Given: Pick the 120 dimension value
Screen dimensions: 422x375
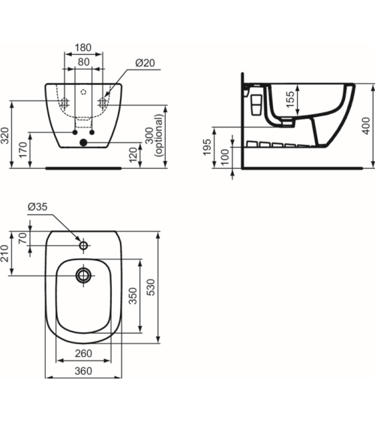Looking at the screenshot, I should point(133,154).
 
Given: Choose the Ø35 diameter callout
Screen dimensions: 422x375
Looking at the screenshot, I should point(38,207).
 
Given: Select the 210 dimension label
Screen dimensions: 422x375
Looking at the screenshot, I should point(7,254).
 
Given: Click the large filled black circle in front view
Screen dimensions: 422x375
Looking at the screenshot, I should point(84,142).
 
